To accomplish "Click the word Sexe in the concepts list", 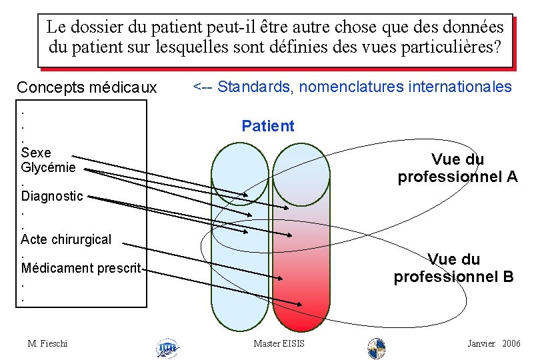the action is coord(36,153).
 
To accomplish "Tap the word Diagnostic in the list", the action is coord(52,196).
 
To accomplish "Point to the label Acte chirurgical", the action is coord(66,239).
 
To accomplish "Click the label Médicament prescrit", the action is coord(81,268).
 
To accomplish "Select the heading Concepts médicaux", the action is coord(87,87).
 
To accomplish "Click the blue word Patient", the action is coord(267,126).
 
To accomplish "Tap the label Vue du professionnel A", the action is coord(457,168).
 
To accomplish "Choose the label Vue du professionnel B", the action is coord(454,268).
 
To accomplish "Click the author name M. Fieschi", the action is coord(48,343).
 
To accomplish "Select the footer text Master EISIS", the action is coord(279,343).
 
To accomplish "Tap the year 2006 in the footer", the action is coord(512,343).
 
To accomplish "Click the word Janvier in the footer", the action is coord(481,343).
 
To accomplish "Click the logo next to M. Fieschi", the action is coord(167,347).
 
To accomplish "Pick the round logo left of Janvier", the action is coord(377,347).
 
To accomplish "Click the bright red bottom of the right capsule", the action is coord(302,313).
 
